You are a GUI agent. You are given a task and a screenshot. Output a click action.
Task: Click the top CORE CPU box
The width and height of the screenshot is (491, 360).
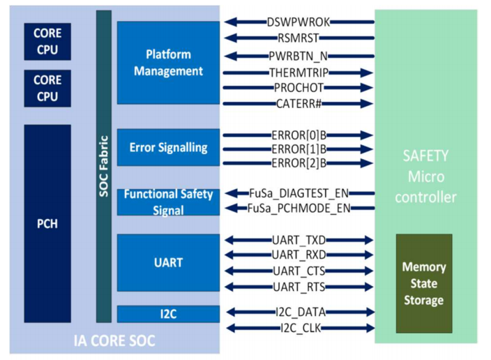tap(47, 42)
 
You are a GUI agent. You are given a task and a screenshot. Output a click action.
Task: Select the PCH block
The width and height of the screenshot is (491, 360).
tap(47, 223)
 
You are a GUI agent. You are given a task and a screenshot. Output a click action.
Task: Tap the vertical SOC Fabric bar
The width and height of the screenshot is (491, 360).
tap(104, 166)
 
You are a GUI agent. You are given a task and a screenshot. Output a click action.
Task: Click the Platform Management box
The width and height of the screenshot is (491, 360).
tap(169, 63)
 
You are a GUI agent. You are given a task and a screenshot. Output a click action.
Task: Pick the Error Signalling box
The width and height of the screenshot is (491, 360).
tap(169, 147)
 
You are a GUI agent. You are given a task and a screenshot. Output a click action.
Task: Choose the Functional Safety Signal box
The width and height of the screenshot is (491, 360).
tap(169, 202)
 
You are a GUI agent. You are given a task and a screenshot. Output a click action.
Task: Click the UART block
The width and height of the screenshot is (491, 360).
tap(169, 262)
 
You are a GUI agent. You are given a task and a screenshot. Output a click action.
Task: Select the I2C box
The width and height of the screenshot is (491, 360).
tap(169, 314)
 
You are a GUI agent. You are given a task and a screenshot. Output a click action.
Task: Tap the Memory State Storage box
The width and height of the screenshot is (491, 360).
tap(424, 283)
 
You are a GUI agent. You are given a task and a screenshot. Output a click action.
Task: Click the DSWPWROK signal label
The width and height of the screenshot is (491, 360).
tap(299, 22)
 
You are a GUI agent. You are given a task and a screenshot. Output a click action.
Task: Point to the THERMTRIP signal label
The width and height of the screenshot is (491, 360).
tap(299, 73)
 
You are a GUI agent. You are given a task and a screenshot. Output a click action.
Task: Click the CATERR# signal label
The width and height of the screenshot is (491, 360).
tap(299, 103)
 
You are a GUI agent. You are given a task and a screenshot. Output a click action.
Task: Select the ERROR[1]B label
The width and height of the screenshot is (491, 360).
tap(299, 149)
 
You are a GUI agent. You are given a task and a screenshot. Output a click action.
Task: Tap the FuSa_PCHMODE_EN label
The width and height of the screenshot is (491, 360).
tap(299, 208)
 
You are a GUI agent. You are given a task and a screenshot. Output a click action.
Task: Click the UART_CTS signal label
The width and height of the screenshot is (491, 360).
tap(299, 271)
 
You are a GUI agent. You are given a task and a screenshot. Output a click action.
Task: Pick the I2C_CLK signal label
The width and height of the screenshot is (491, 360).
tap(301, 328)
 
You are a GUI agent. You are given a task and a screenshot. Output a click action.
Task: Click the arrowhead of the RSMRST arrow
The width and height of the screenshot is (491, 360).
tap(230, 38)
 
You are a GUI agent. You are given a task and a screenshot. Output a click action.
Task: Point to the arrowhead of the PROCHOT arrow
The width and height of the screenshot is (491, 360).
tap(367, 88)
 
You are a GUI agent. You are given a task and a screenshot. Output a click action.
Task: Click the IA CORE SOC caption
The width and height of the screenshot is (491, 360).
tap(114, 341)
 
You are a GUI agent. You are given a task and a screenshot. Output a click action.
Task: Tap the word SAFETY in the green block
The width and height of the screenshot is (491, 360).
tap(425, 156)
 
